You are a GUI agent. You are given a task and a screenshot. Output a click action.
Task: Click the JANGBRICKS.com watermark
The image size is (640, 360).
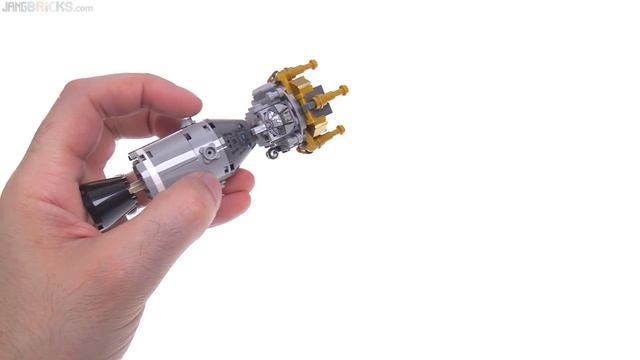pyautogui.click(x=47, y=7)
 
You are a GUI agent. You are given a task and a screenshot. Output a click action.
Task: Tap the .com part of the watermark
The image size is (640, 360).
pyautogui.click(x=81, y=8)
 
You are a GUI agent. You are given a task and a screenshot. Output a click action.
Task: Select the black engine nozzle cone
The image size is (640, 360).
pyautogui.click(x=104, y=204)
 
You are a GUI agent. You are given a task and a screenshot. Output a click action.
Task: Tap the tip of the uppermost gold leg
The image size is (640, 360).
pyautogui.click(x=313, y=65)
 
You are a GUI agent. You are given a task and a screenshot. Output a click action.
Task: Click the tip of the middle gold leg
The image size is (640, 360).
pyautogui.click(x=344, y=91)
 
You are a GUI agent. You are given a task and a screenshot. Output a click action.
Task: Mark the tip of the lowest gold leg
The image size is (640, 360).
pyautogui.click(x=340, y=129)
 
